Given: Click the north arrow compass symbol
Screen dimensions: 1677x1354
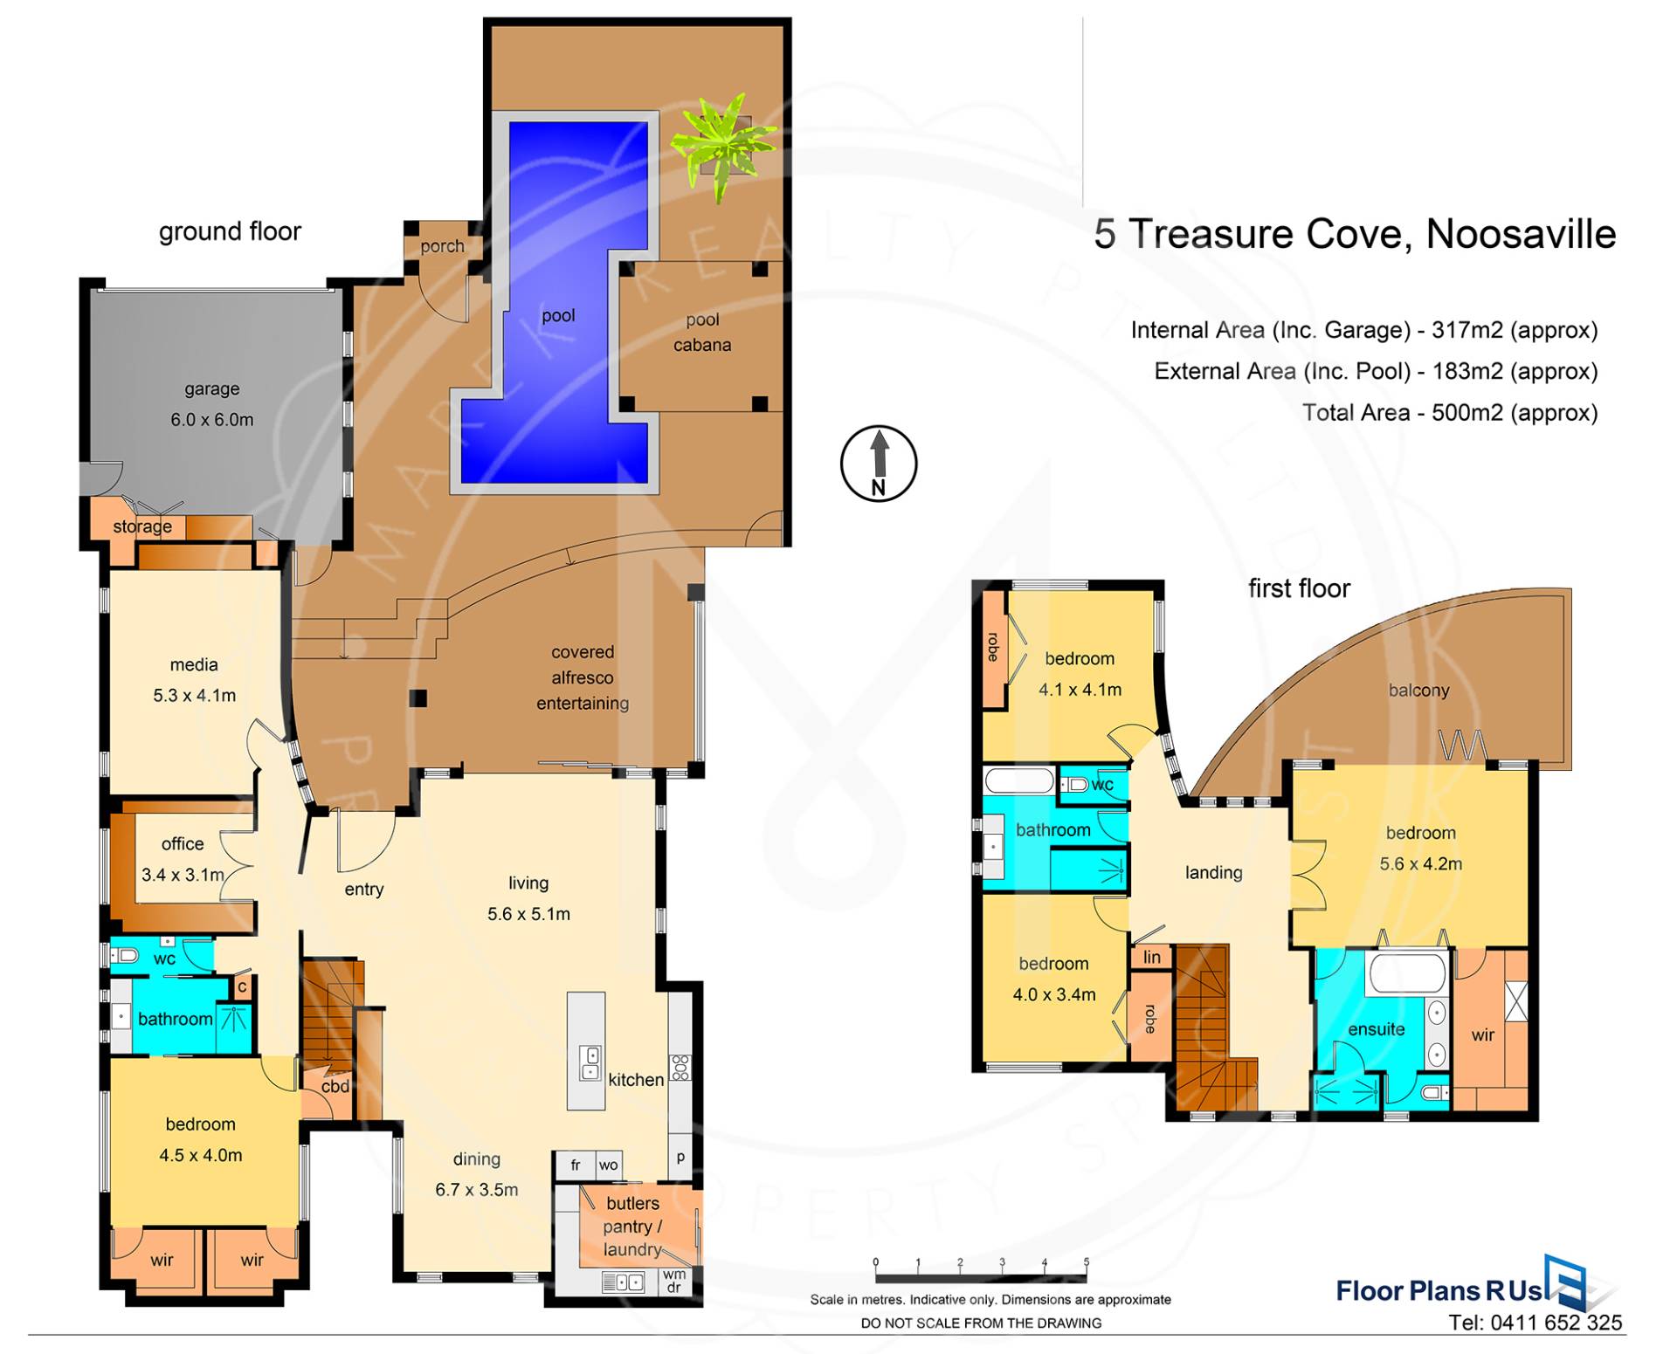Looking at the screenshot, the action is click(879, 464).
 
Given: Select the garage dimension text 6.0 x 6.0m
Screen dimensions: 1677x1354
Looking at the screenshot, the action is click(212, 420).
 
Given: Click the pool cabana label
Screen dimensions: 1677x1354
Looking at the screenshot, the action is click(702, 333).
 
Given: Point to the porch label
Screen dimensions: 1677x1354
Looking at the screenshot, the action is click(442, 247).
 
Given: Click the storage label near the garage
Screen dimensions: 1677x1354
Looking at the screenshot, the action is click(142, 526).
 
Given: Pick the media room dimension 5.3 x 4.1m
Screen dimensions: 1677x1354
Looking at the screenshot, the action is click(194, 696).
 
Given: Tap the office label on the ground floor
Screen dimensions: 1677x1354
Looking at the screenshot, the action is click(183, 844).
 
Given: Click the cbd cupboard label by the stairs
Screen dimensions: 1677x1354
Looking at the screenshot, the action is click(335, 1087).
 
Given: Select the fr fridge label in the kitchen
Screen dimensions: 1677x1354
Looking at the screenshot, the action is click(576, 1165).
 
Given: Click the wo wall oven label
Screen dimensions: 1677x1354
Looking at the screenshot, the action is click(609, 1165).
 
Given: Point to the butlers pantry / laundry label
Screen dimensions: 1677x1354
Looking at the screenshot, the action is click(633, 1227).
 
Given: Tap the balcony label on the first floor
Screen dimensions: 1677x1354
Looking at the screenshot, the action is click(1418, 691).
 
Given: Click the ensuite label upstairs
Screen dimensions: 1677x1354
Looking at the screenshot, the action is click(1377, 1029).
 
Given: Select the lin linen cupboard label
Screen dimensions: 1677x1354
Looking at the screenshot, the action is click(1152, 957).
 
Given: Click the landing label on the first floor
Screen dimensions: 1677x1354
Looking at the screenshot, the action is click(1213, 872).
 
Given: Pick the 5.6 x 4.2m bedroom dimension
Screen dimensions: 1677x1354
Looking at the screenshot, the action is click(1421, 864).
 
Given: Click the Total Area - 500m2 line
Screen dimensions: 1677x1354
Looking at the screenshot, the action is click(1450, 413).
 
